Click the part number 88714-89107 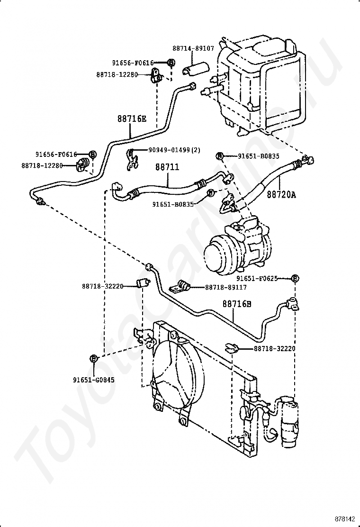(193, 48)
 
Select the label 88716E (132, 118)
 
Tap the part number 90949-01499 (170, 150)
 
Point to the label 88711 (167, 167)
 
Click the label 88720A (281, 194)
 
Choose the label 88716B (237, 304)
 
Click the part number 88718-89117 (225, 287)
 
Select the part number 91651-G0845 (94, 380)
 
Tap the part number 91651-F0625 (257, 279)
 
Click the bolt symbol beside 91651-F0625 (295, 279)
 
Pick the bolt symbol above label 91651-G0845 (94, 359)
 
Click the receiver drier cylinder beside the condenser (288, 425)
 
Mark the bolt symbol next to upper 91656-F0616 (171, 62)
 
